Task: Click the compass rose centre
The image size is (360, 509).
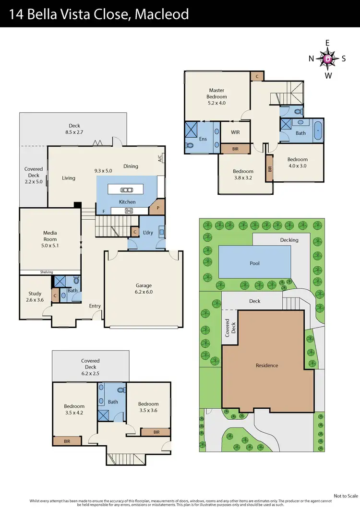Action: tap(328, 59)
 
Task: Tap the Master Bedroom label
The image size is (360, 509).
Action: tap(216, 96)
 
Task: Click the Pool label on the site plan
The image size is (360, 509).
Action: tap(254, 263)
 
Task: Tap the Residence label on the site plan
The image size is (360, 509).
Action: tap(266, 366)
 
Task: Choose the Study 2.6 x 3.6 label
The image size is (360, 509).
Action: tap(35, 296)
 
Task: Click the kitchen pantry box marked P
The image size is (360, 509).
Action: tap(157, 209)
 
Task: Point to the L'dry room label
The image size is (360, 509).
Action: tap(147, 232)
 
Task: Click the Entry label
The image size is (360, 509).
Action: tap(95, 306)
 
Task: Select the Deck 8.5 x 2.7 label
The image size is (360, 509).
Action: tap(74, 129)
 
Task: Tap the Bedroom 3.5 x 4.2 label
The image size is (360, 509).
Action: tap(74, 409)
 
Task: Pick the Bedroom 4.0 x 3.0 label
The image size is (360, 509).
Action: tap(297, 163)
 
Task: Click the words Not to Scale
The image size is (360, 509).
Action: tap(346, 496)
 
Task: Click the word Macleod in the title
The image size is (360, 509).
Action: tap(162, 14)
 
